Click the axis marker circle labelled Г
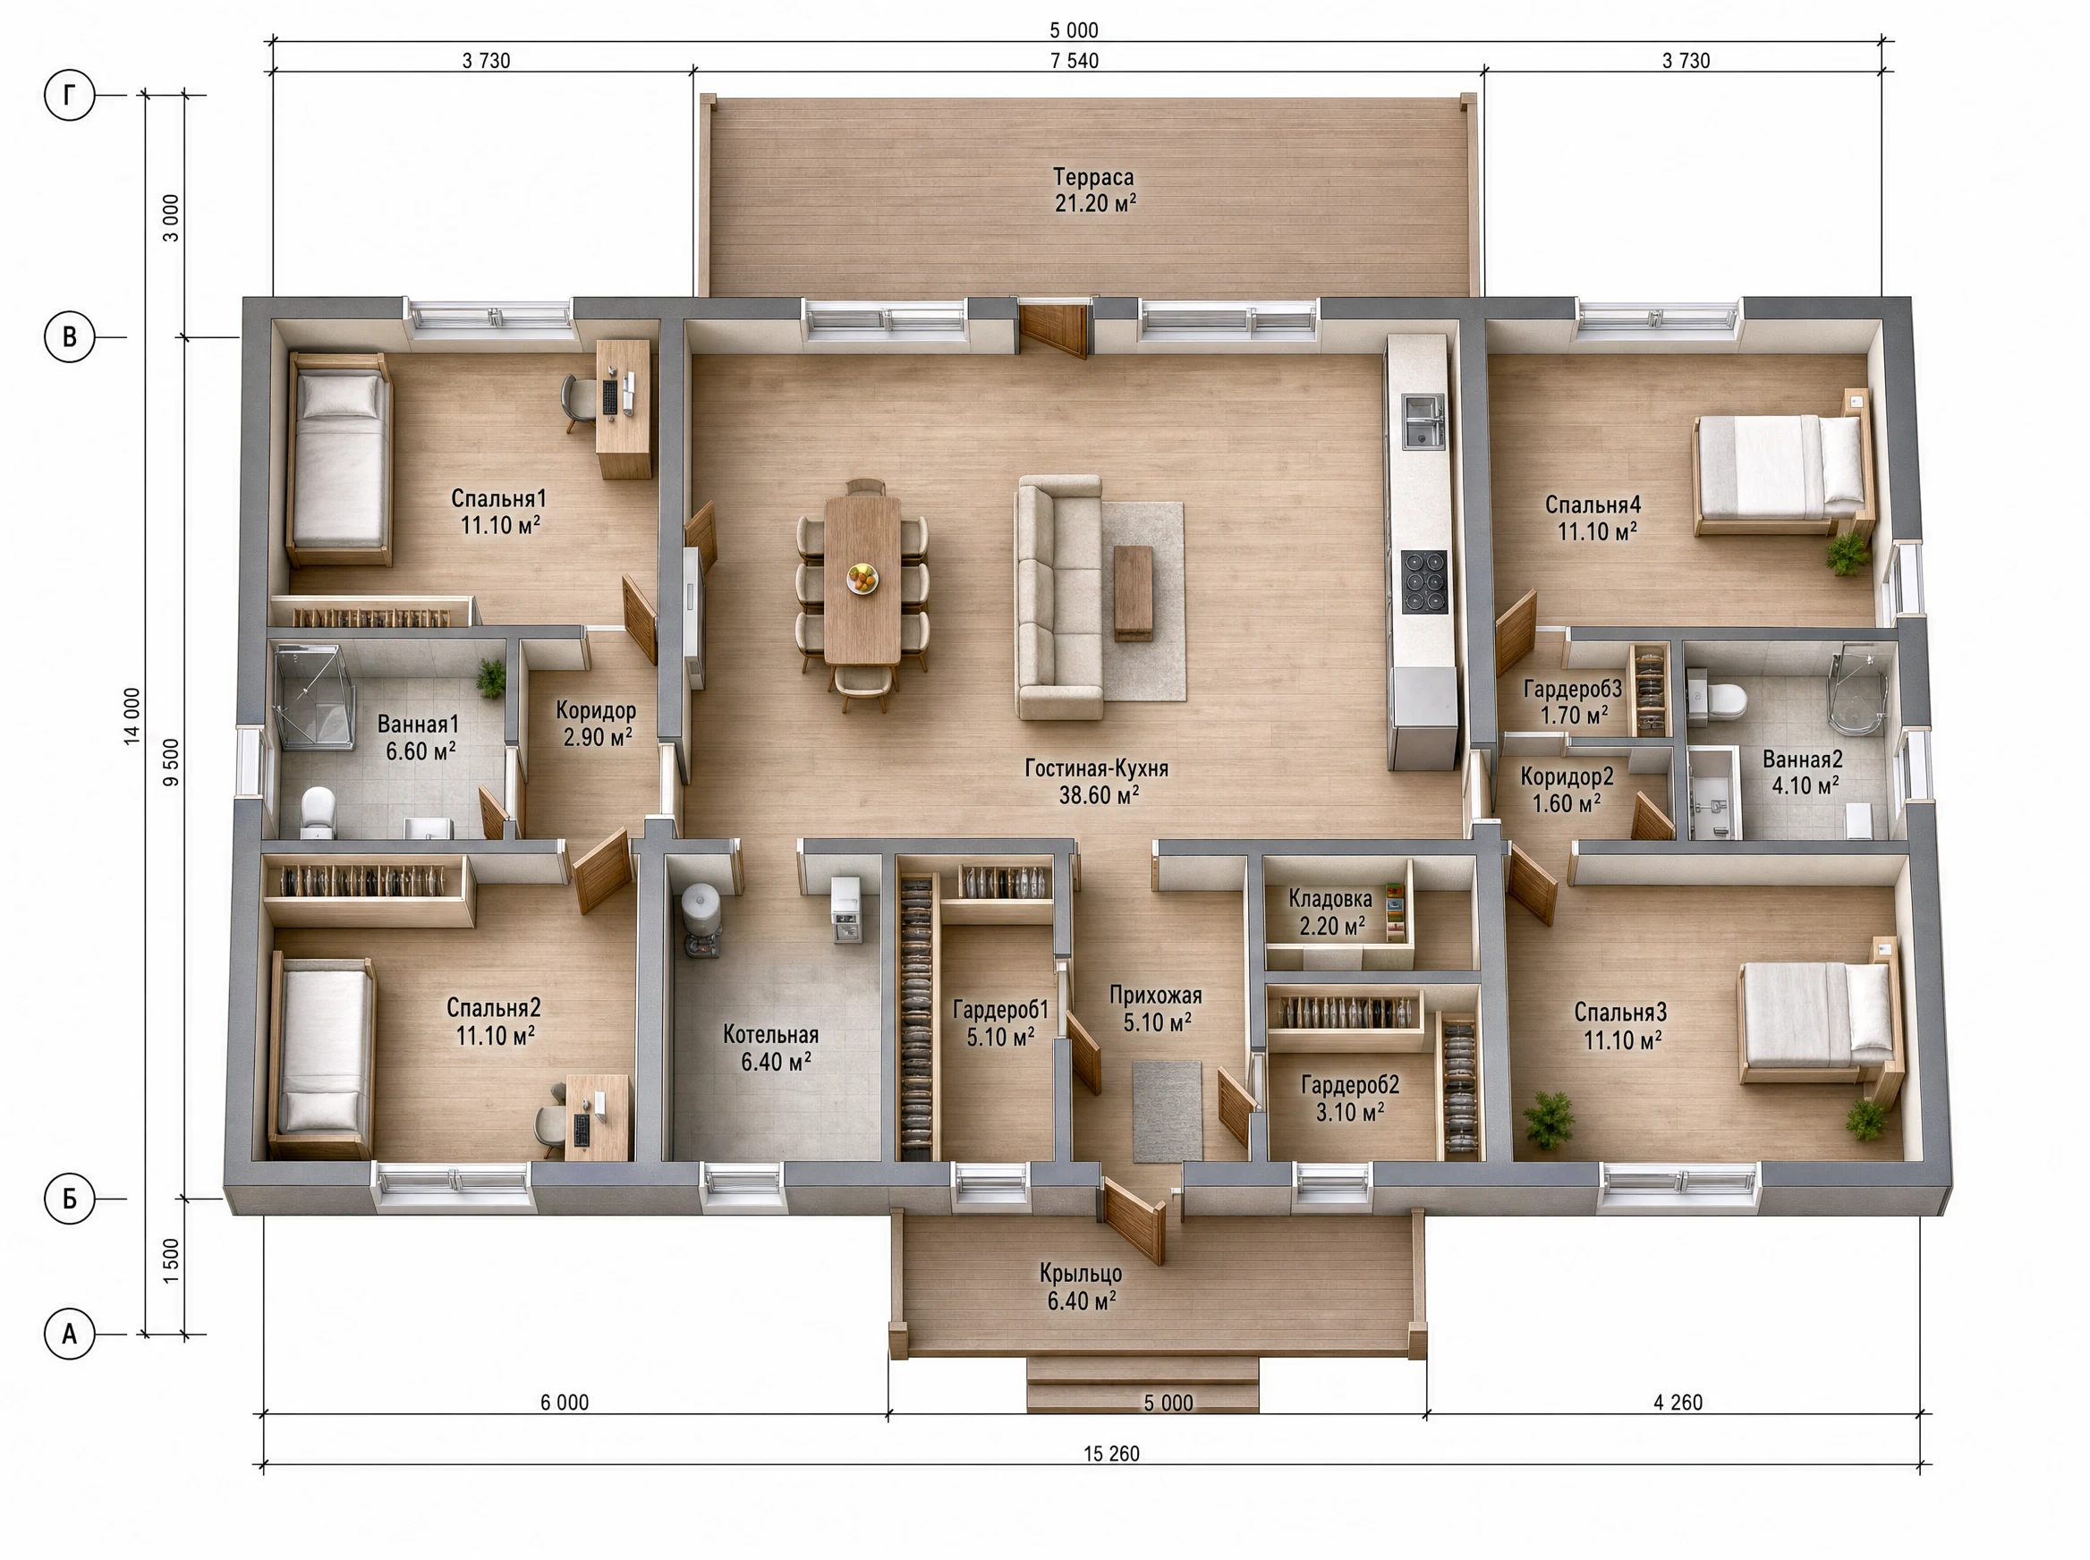tap(70, 96)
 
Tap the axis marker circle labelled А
tap(70, 1335)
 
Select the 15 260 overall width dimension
tap(1111, 1454)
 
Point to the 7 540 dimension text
tap(1075, 61)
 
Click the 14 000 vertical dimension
tap(132, 716)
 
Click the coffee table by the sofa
tap(1133, 592)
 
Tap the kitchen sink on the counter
tap(1423, 421)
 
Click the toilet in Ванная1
tap(319, 812)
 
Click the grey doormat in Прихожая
tap(1168, 1110)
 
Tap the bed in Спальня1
tap(339, 460)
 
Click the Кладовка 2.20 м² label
tap(1330, 912)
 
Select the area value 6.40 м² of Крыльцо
tap(1082, 1301)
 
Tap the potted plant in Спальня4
tap(1848, 554)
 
